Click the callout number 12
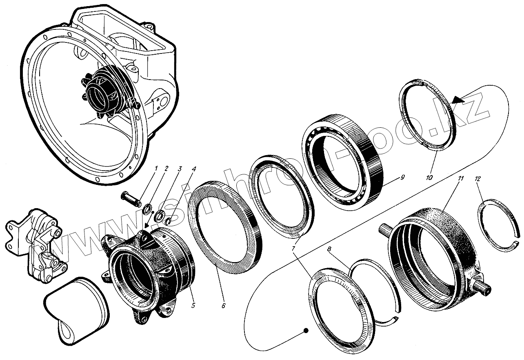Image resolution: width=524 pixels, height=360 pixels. [478, 179]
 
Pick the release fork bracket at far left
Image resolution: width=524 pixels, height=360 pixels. [37, 245]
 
